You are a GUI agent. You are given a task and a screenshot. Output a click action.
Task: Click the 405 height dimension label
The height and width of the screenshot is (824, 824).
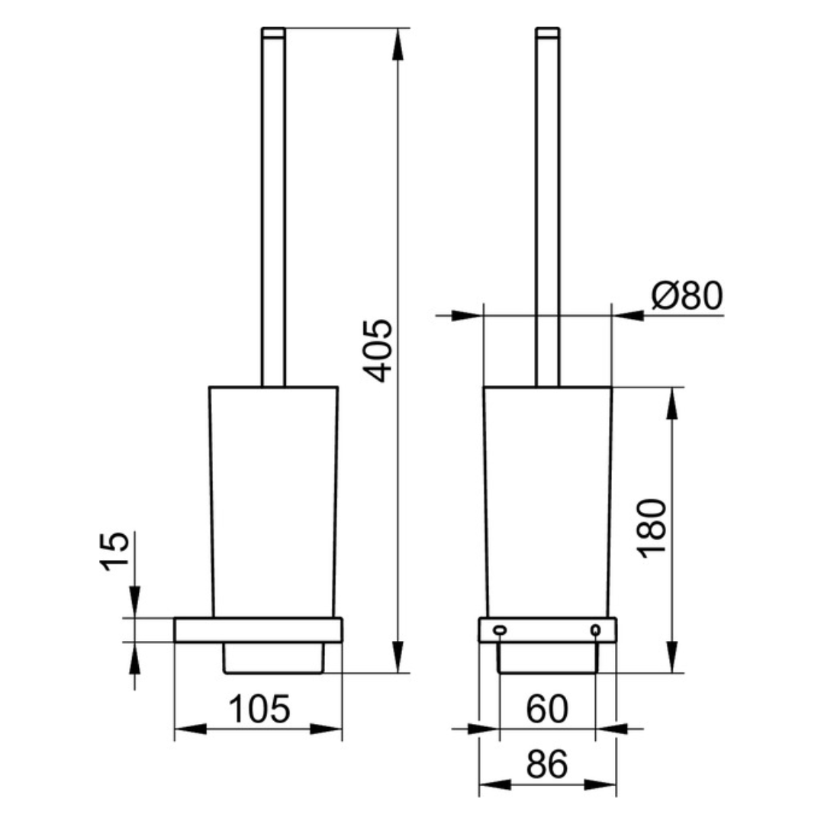pos(378,350)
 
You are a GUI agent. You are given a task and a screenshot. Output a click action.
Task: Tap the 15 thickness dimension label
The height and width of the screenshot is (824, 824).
pos(114,552)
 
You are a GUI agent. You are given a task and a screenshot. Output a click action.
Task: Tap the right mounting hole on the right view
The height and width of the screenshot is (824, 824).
pos(595,629)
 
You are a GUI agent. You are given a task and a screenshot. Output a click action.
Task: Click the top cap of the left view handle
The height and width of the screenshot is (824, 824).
pos(273,33)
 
